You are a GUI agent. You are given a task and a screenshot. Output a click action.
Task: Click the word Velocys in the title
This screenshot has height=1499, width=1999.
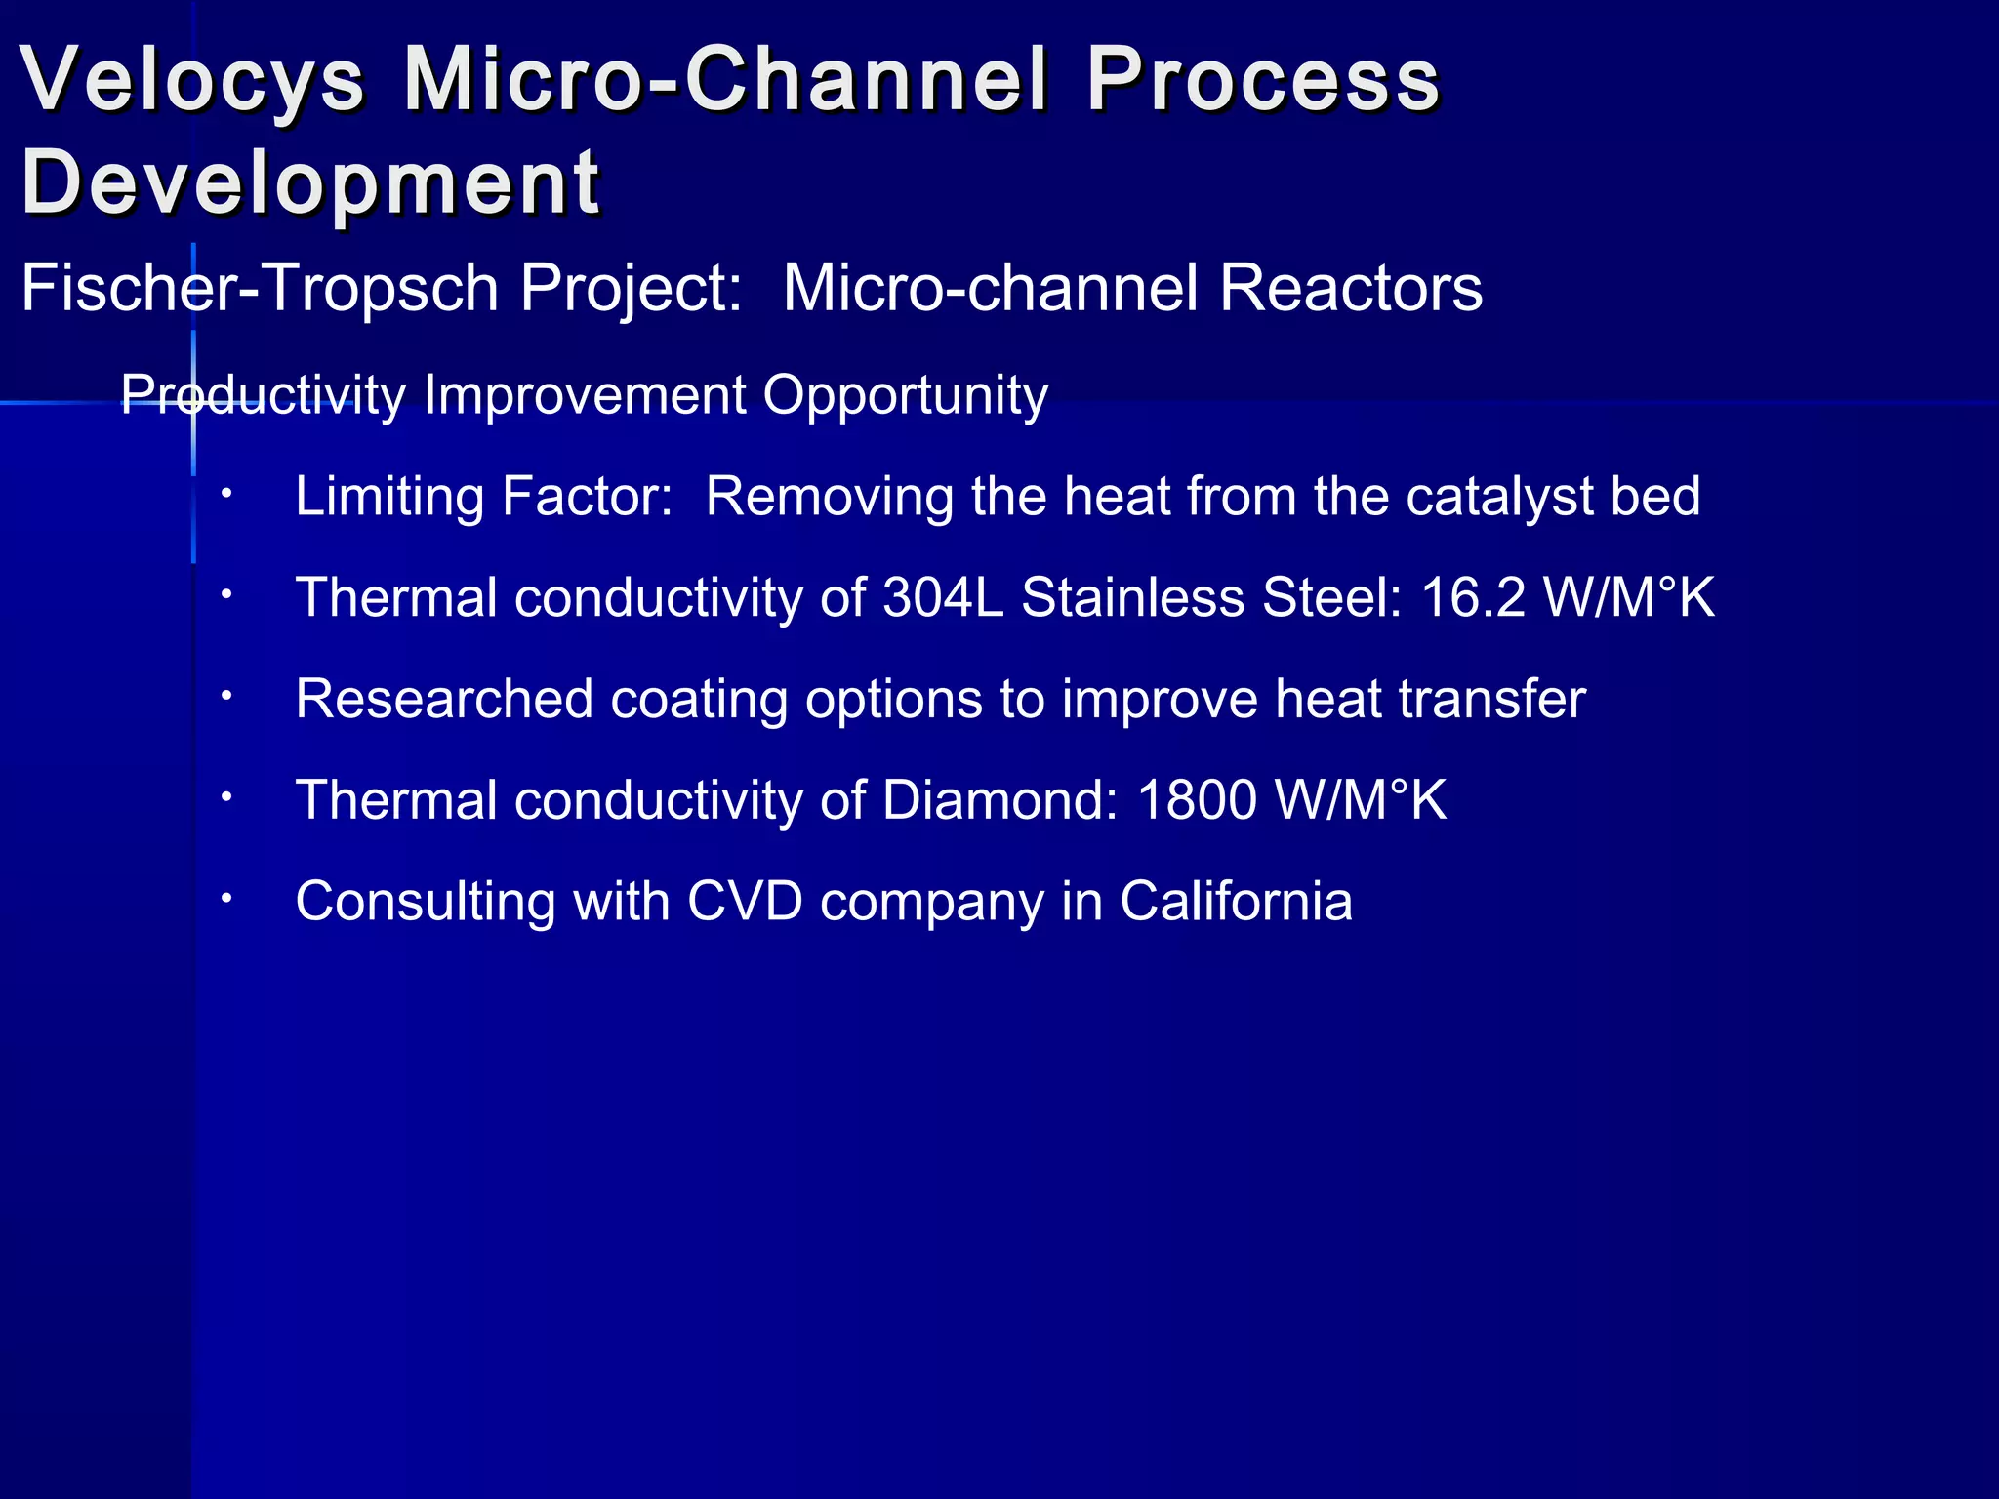pyautogui.click(x=192, y=80)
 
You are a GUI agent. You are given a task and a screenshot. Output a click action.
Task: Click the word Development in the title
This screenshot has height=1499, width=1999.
pyautogui.click(x=310, y=183)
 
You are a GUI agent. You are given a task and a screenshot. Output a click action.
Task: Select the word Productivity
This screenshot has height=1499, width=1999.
pyautogui.click(x=263, y=396)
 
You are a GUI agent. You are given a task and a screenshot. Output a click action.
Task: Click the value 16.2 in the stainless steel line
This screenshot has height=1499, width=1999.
pyautogui.click(x=1472, y=597)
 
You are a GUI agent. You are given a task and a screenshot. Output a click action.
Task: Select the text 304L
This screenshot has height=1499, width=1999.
pyautogui.click(x=943, y=597)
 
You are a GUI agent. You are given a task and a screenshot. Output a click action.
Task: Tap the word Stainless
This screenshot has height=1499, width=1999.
pyautogui.click(x=1132, y=597)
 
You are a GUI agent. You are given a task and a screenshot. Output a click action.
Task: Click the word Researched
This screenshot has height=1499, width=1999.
pyautogui.click(x=444, y=700)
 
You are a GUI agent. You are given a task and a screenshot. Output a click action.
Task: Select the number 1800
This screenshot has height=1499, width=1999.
pyautogui.click(x=1197, y=800)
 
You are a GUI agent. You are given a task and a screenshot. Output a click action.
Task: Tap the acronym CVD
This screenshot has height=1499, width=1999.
pyautogui.click(x=745, y=902)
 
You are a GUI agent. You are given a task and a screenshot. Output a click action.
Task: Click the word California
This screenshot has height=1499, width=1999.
pyautogui.click(x=1236, y=902)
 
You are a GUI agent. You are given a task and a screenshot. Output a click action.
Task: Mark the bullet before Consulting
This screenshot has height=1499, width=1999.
pyautogui.click(x=225, y=899)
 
